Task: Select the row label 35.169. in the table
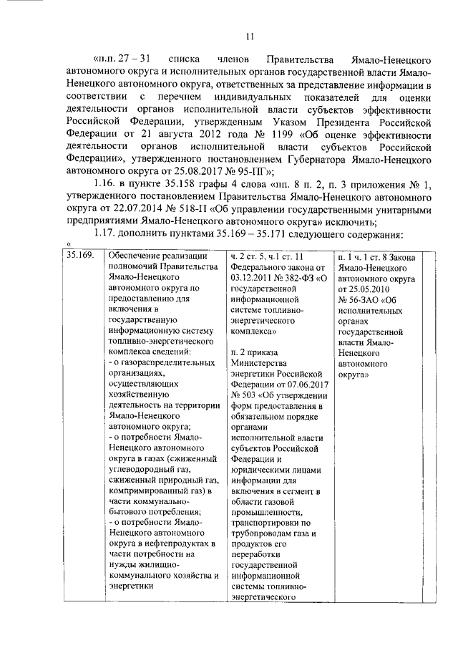(x=79, y=256)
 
